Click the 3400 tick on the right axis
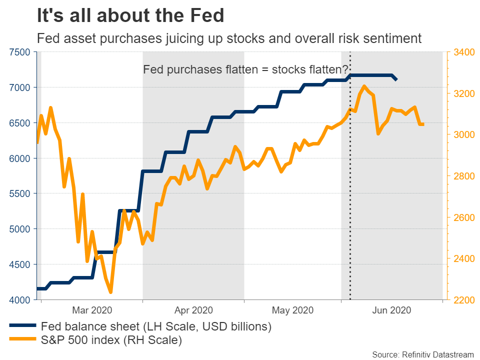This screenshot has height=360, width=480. tap(463, 52)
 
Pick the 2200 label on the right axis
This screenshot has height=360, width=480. tap(463, 300)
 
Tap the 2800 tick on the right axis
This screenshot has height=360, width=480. tap(463, 176)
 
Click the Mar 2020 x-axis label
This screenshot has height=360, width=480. tap(91, 310)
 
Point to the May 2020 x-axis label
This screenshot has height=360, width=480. tap(292, 310)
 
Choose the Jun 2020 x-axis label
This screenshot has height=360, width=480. tap(392, 310)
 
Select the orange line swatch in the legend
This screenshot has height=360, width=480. tap(22, 341)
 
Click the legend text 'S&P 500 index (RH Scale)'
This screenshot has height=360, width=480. tap(111, 341)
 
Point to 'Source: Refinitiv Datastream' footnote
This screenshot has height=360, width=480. tap(422, 354)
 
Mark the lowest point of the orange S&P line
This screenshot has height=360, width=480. tap(110, 292)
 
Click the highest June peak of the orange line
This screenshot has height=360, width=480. tap(364, 86)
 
